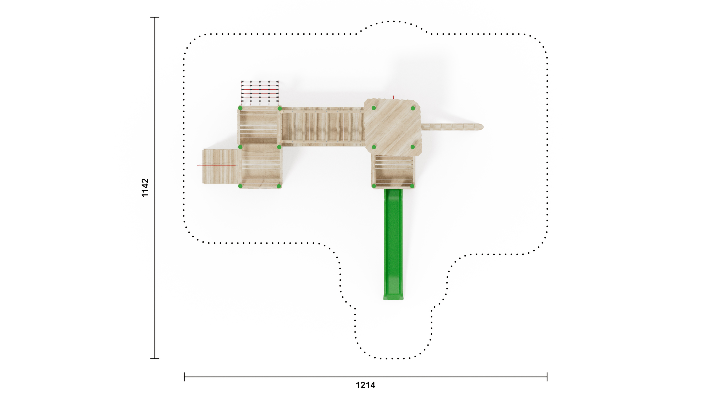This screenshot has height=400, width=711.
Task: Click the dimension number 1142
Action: (x=145, y=188)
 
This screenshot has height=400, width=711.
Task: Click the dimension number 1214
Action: (x=365, y=385)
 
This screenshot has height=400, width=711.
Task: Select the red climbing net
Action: (x=260, y=93)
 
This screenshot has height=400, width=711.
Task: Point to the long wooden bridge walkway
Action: (x=323, y=127)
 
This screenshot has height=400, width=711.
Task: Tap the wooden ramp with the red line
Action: (x=220, y=166)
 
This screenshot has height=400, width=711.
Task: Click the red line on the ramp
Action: (x=217, y=166)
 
